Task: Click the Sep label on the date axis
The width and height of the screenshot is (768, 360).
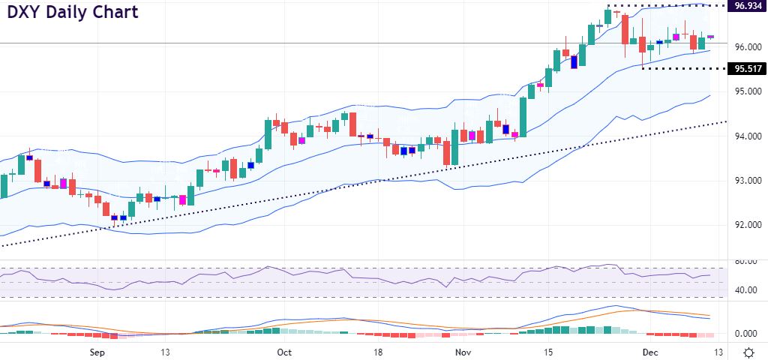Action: click(x=97, y=352)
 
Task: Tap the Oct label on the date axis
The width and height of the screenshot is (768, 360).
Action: click(x=284, y=352)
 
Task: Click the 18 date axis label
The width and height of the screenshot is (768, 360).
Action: click(x=379, y=352)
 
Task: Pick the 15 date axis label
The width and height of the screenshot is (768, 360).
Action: click(x=548, y=352)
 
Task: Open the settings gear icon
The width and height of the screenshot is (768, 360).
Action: click(x=748, y=352)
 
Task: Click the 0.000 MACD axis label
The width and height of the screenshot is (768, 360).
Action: click(x=748, y=334)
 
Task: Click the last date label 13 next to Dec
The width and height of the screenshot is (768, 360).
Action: click(x=718, y=352)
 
